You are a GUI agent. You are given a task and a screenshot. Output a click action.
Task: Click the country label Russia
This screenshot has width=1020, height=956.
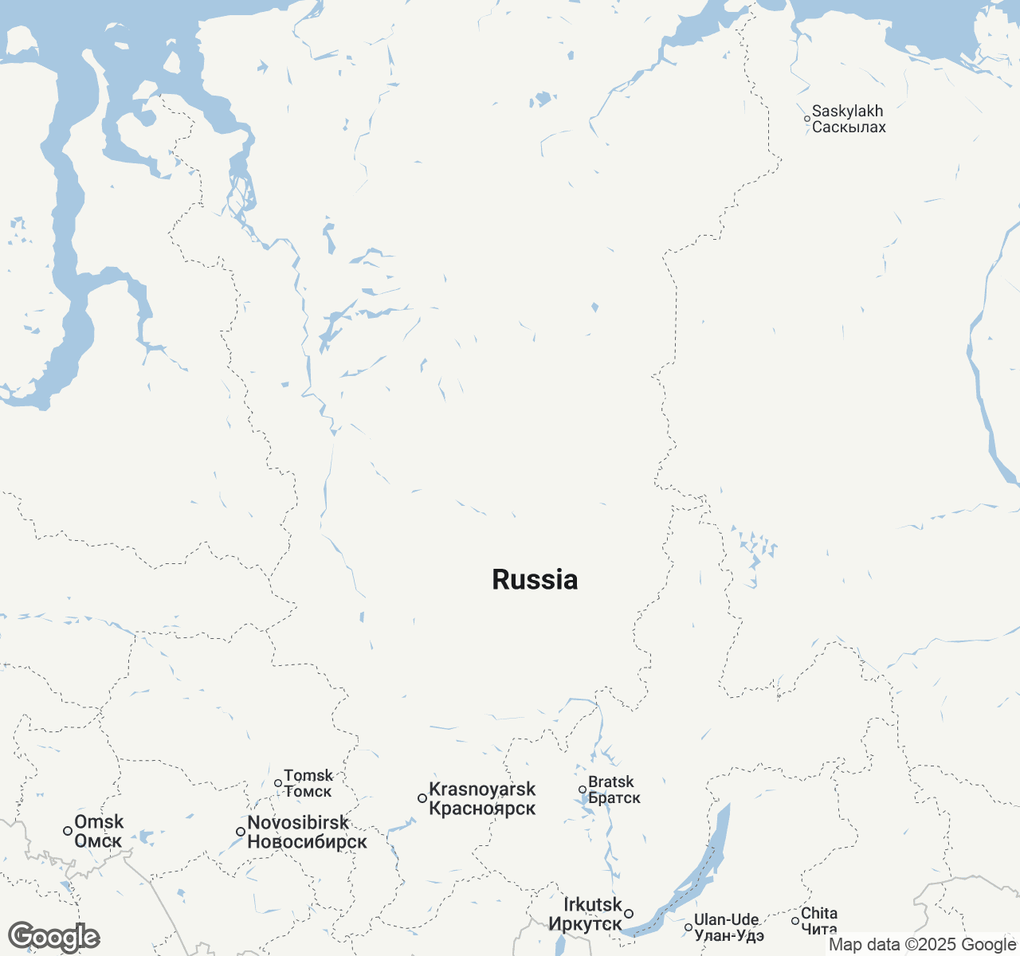tap(535, 580)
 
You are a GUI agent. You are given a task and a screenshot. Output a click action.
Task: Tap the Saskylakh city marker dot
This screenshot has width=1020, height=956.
tap(806, 119)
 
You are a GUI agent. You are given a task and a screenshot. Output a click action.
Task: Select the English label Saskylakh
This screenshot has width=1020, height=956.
tap(847, 112)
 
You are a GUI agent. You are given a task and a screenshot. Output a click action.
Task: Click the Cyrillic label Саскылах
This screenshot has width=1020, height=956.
tap(849, 127)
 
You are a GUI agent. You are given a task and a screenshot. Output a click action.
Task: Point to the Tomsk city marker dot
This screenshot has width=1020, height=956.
tap(277, 783)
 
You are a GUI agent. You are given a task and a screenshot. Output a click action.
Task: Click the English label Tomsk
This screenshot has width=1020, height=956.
tap(308, 775)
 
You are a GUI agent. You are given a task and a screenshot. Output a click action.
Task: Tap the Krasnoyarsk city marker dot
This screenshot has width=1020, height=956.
tap(422, 798)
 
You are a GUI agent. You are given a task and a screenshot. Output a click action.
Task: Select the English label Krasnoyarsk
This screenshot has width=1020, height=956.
tap(482, 789)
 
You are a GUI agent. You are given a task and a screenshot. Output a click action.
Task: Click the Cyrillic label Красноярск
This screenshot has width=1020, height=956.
tap(482, 809)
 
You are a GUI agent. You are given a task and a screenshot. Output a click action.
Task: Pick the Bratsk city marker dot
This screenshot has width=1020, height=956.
tap(583, 789)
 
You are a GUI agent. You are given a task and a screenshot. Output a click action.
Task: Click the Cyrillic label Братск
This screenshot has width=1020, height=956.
tap(614, 798)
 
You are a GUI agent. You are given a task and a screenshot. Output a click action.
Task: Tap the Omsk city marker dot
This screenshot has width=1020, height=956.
tap(68, 831)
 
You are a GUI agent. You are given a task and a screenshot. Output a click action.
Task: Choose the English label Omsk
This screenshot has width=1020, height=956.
tap(99, 821)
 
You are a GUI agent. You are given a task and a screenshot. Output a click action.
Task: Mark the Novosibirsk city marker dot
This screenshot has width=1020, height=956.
tap(240, 832)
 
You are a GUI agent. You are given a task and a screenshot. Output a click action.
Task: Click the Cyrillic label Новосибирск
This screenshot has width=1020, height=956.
tap(307, 842)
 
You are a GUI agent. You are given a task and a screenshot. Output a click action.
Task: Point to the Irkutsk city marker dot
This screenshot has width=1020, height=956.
tap(629, 914)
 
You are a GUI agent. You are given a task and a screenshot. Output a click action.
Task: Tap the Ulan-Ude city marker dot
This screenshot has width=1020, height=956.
tap(688, 927)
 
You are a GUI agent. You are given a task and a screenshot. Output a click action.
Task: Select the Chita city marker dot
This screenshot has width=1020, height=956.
tap(794, 921)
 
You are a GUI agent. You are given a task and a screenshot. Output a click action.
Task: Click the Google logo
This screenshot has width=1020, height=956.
tap(53, 938)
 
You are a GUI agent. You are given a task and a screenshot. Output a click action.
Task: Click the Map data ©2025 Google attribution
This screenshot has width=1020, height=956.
tap(922, 945)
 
